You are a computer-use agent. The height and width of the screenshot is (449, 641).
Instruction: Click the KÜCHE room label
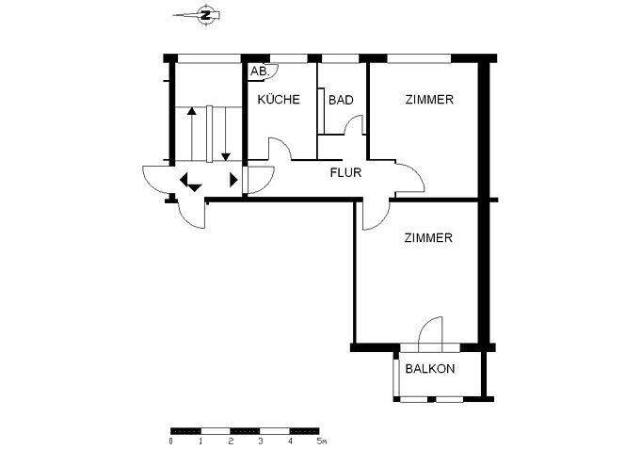click(279, 99)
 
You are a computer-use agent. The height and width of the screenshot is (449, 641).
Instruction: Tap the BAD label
click(341, 100)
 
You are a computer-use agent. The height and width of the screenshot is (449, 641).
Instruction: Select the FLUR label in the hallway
click(345, 172)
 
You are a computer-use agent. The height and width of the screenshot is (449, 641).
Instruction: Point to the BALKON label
click(429, 369)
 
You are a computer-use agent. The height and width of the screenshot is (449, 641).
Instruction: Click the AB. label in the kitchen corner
click(260, 72)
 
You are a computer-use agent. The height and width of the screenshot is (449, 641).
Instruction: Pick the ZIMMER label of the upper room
click(429, 100)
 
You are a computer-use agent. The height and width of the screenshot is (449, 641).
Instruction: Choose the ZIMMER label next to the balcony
click(428, 237)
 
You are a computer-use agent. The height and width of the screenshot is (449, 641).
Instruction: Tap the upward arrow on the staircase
click(191, 134)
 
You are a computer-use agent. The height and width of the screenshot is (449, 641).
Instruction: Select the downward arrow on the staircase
click(226, 134)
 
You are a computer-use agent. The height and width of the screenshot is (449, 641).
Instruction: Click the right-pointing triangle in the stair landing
click(233, 180)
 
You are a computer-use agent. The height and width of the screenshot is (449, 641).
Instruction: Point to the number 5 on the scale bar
click(319, 441)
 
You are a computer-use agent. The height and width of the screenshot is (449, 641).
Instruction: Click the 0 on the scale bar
click(170, 441)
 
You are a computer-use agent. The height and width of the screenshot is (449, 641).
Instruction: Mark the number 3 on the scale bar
click(260, 441)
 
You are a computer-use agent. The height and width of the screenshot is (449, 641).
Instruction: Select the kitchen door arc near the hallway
click(283, 143)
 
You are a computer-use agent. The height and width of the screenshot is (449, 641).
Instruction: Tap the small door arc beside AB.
click(276, 73)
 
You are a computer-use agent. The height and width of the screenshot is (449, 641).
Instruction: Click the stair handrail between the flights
click(210, 134)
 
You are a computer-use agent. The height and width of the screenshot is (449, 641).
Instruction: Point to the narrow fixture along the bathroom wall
click(321, 110)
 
